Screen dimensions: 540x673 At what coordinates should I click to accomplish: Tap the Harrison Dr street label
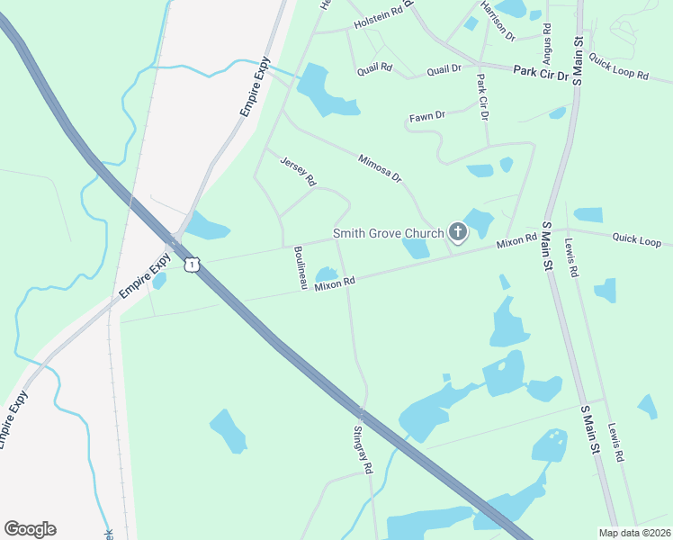[497, 21]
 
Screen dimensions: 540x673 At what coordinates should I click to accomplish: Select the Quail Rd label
[374, 67]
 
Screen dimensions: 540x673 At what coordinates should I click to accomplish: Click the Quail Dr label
[444, 69]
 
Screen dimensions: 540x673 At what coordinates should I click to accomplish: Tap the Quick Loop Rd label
[618, 66]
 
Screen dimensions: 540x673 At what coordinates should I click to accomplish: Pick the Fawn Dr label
[427, 116]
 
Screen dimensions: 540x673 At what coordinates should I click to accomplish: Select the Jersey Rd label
[299, 170]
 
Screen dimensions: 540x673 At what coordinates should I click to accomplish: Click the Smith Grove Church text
[389, 233]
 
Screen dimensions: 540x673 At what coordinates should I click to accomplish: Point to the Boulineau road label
[300, 268]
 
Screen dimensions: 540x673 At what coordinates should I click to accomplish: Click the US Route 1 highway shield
[190, 264]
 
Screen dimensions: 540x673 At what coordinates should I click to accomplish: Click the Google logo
[30, 529]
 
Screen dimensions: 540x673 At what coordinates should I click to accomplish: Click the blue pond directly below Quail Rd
[325, 91]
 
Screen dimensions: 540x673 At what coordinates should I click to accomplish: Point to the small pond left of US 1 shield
[159, 281]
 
